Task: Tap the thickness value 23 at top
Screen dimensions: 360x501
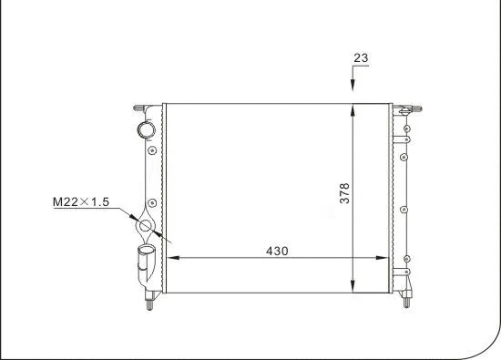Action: pos(361,58)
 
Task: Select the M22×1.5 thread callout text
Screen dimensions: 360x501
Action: pos(80,203)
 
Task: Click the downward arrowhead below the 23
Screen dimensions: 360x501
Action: pos(353,88)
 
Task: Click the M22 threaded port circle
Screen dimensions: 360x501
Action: pos(145,226)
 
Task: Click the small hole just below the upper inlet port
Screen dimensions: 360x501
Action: pos(152,147)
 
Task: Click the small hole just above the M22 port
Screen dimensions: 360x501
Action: pos(152,202)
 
